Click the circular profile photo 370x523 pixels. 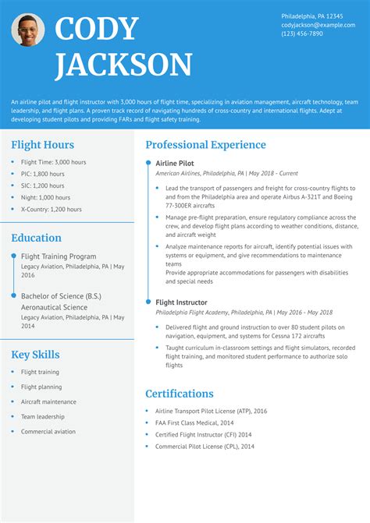click(x=28, y=30)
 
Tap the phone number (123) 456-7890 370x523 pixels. click(x=302, y=34)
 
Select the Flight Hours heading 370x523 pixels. click(x=43, y=145)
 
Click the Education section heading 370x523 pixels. click(x=36, y=238)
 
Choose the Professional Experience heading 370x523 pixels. click(x=205, y=145)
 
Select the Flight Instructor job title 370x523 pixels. click(x=181, y=302)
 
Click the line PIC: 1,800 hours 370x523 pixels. click(x=43, y=175)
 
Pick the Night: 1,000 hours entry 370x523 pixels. click(x=46, y=198)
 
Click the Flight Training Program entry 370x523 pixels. click(x=59, y=256)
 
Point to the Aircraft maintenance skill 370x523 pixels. click(x=48, y=401)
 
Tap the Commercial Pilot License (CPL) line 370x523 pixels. click(x=205, y=446)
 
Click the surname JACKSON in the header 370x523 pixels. click(x=123, y=65)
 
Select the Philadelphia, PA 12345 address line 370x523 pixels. click(x=311, y=16)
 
